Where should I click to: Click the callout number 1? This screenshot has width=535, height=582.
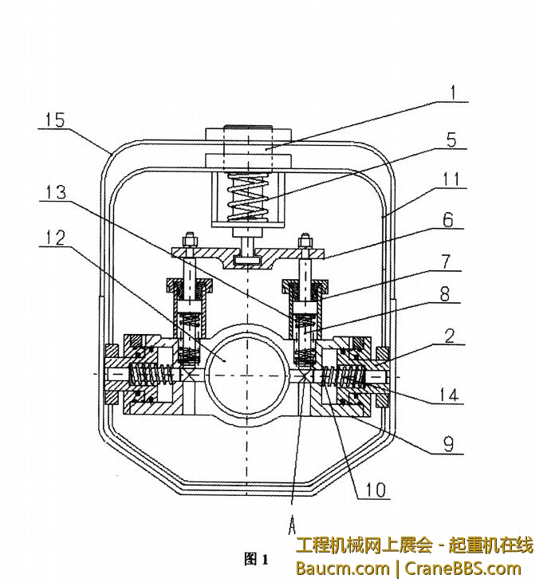[453, 92]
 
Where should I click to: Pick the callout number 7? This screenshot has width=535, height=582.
[449, 262]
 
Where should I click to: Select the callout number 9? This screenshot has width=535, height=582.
[450, 444]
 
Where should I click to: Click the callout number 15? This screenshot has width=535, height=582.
[56, 121]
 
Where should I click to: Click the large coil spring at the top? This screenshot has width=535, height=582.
[249, 197]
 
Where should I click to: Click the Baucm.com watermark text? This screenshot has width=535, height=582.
[341, 568]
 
